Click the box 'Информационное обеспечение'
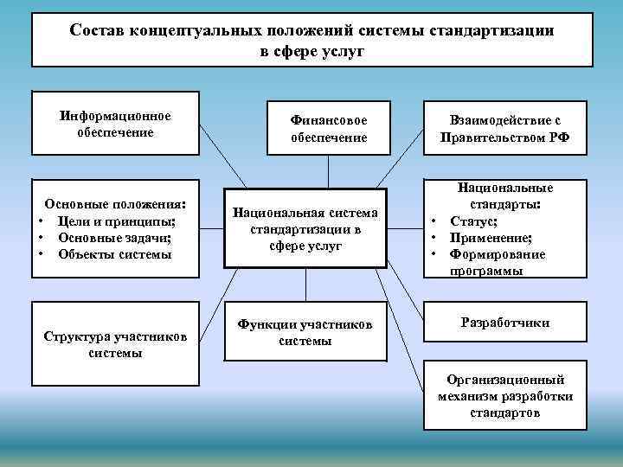[116, 125]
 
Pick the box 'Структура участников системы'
[116, 344]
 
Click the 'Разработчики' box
[504, 323]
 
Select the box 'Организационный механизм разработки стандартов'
[504, 396]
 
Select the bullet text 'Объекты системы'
[115, 253]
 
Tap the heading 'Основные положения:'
[115, 205]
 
